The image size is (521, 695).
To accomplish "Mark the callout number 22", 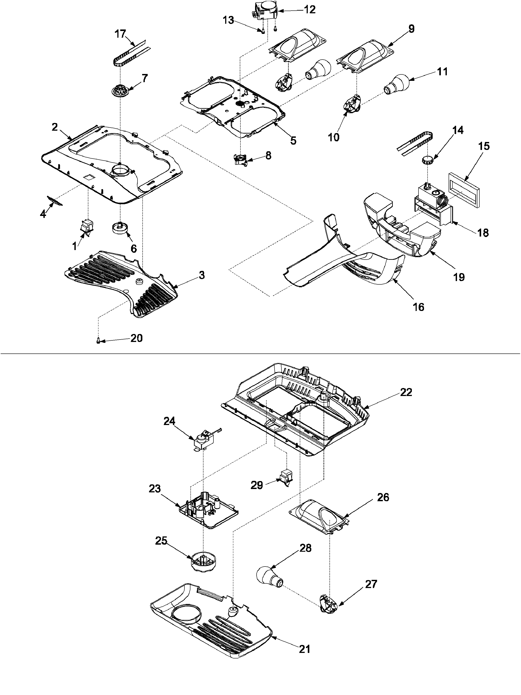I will pyautogui.click(x=405, y=392).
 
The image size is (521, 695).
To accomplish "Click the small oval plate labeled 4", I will pyautogui.click(x=55, y=200).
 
